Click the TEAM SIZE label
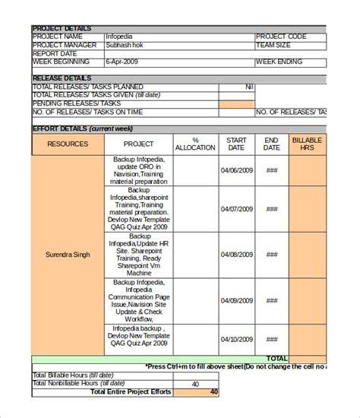point(275,45)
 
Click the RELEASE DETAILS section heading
point(62,78)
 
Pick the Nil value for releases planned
point(248,87)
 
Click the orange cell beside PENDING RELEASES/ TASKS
point(236,103)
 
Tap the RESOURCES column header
point(68,144)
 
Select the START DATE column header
point(236,144)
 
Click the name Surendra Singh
point(67,255)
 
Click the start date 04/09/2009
point(236,296)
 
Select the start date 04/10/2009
point(236,338)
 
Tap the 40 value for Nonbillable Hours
point(195,384)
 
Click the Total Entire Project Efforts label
point(130,392)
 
